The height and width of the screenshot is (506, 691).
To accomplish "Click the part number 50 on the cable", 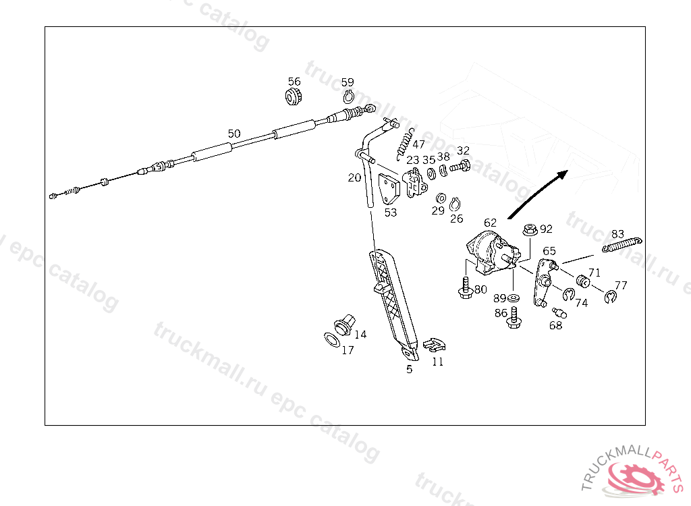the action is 234,134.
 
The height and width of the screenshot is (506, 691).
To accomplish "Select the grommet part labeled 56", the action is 294,96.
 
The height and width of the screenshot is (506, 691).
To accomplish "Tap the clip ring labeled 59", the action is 348,96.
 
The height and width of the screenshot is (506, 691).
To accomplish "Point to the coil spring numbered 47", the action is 406,144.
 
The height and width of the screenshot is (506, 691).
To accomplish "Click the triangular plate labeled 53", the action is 389,189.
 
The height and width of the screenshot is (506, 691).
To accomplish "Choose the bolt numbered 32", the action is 460,167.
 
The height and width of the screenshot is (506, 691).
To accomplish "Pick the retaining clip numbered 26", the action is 455,204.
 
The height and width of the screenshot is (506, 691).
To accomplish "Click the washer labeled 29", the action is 441,198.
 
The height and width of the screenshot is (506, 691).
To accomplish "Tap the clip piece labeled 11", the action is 434,345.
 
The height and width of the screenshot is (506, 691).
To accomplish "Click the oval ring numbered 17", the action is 332,340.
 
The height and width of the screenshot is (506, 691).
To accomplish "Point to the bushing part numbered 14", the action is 345,325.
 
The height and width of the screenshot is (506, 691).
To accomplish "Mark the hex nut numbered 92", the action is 530,229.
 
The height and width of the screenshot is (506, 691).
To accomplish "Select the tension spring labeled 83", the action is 621,245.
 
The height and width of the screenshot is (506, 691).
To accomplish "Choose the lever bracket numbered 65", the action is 545,283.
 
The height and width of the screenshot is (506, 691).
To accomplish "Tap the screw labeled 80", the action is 466,288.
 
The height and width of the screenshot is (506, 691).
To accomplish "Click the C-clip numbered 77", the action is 611,298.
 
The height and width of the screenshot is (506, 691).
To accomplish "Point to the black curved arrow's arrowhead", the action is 561,175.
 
